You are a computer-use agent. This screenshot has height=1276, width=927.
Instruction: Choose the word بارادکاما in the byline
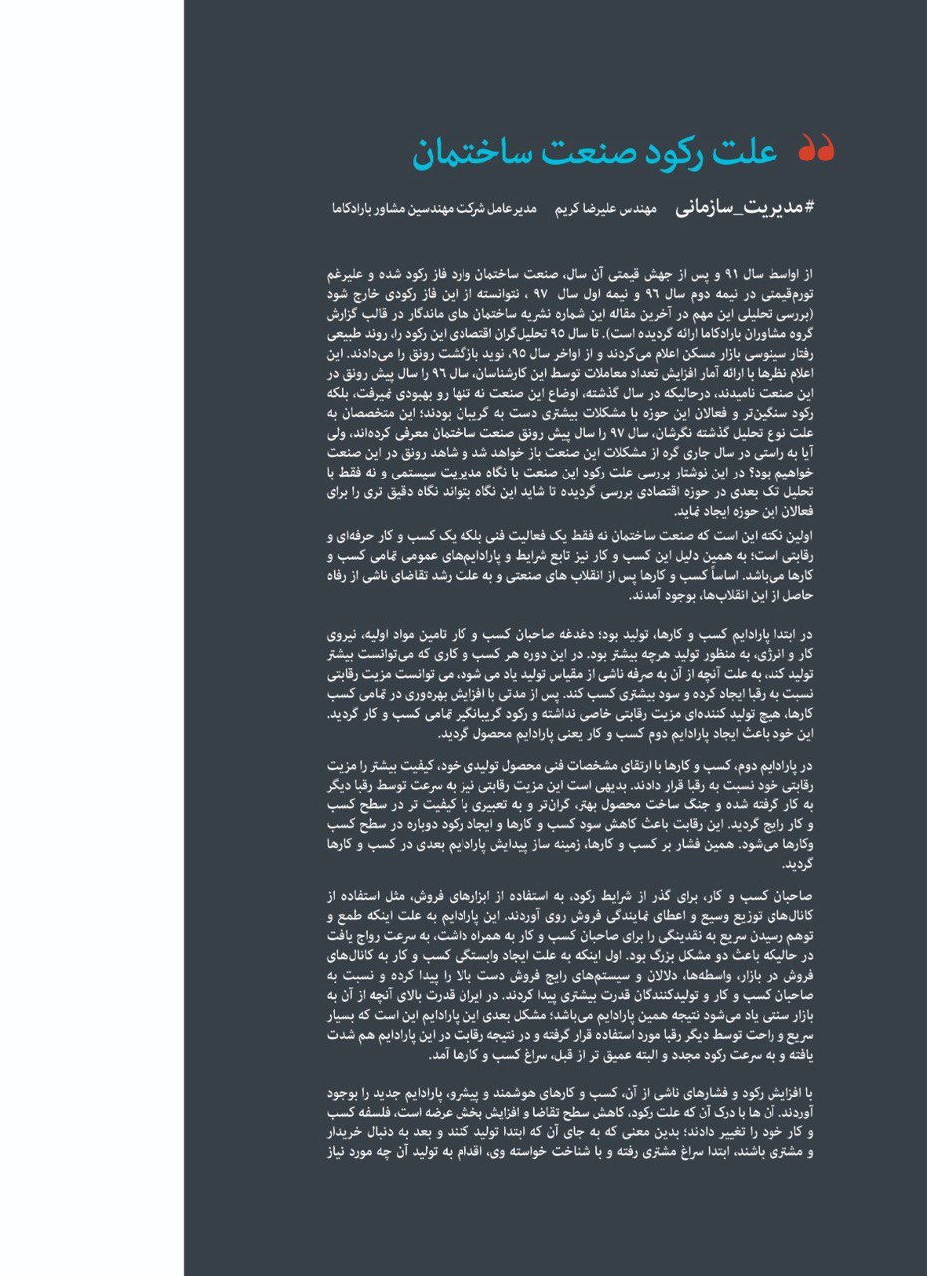(x=356, y=211)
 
